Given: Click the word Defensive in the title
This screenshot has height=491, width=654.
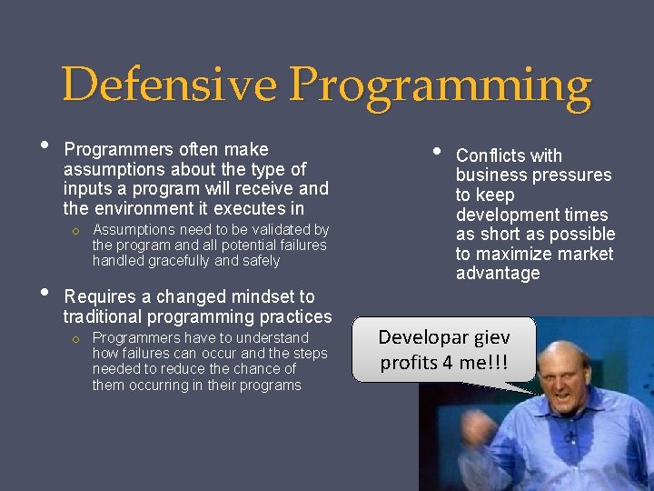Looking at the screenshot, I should (170, 86).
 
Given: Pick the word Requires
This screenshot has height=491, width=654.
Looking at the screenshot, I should (99, 296).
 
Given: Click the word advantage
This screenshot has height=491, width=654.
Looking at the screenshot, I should (498, 274).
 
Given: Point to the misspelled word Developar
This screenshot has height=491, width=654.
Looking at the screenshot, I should (422, 337).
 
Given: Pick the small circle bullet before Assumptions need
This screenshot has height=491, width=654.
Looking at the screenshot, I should (77, 231).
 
